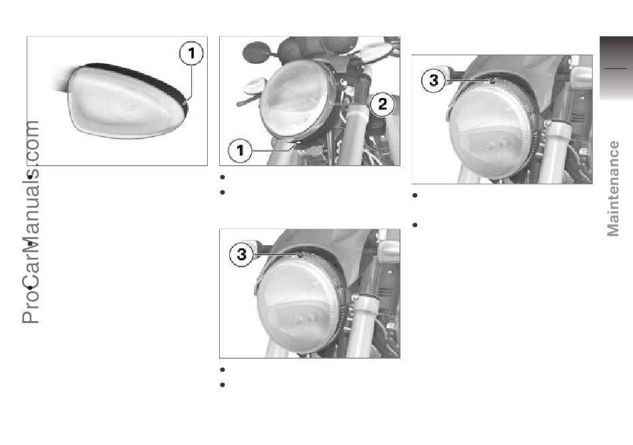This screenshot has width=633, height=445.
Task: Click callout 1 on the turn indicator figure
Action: [191, 53]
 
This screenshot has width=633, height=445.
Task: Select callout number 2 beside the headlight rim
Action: [382, 105]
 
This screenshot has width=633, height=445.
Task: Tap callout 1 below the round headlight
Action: [240, 151]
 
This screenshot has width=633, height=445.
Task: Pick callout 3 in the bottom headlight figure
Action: [241, 254]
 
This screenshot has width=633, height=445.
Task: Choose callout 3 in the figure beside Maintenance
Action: [434, 81]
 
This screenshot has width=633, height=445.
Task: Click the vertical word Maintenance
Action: [613, 189]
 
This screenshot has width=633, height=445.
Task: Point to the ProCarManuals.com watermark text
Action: [31, 222]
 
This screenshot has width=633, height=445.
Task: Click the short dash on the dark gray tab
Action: [615, 68]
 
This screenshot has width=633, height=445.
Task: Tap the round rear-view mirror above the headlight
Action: [256, 52]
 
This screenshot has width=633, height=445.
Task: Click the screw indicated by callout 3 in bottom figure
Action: [300, 254]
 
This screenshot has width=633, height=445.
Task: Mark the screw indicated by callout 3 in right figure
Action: [492, 81]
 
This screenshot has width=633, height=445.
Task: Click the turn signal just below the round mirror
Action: [253, 86]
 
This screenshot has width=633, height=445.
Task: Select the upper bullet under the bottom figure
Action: [222, 370]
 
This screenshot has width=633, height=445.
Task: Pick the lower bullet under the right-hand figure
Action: [414, 225]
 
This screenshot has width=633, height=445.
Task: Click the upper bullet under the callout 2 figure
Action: [222, 177]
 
